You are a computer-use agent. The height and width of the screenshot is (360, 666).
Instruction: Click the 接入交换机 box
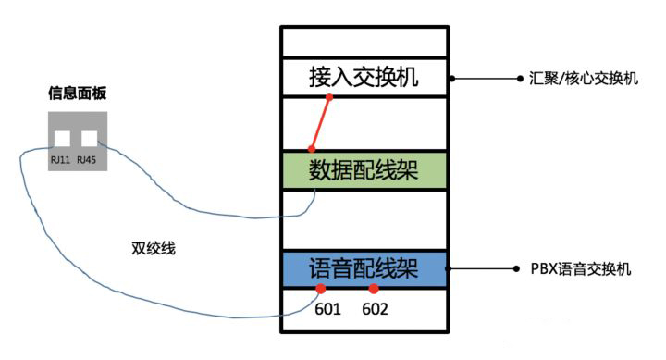point(364,76)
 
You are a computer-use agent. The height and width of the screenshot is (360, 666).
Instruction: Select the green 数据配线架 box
point(364,170)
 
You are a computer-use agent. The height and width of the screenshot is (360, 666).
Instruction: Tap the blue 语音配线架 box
point(364,269)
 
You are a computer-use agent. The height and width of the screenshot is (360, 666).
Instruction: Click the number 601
point(327,309)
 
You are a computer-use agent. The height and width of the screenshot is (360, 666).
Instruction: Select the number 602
point(375,309)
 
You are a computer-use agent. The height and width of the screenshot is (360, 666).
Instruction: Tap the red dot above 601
point(321,290)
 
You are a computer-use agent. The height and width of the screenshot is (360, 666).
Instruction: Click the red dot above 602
point(374,290)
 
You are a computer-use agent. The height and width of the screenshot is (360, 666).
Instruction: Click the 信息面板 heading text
point(77,93)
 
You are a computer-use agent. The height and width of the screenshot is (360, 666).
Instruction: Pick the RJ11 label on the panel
point(62,160)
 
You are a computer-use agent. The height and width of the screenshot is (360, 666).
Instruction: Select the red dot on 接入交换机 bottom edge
point(329,96)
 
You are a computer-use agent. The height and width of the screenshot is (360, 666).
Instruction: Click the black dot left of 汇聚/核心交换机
point(520,80)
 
